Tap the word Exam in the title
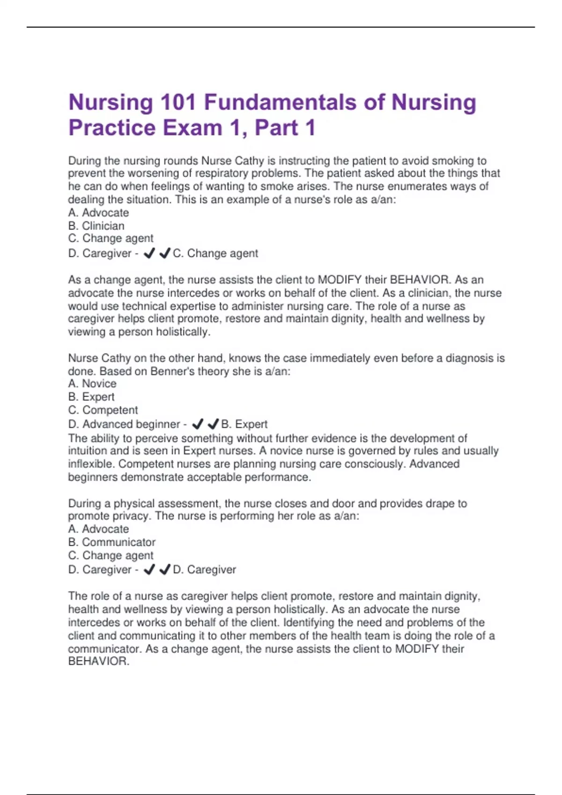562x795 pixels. coord(192,128)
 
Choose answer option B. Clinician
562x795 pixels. coord(96,226)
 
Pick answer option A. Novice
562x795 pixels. coord(92,384)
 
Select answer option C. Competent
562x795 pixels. coord(103,410)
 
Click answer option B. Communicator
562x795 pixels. coord(112,542)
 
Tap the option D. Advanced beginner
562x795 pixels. coord(124,424)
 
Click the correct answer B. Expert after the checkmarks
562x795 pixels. coord(244,424)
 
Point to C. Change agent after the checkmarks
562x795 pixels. coord(215,253)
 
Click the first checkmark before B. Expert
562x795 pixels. coord(198,424)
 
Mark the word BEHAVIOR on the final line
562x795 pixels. coord(97,661)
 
